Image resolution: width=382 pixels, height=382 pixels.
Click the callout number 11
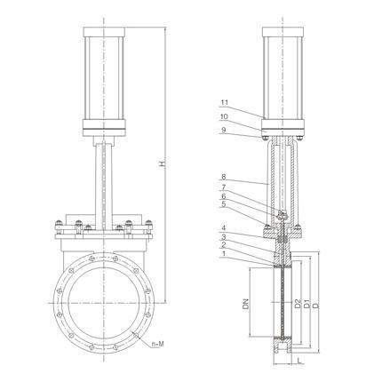pos(225,103)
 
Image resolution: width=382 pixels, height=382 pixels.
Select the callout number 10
pos(225,116)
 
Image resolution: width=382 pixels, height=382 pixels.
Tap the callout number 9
pos(223,130)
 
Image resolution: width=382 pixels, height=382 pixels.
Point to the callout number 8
pos(223,177)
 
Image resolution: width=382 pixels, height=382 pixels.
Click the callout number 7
pos(223,187)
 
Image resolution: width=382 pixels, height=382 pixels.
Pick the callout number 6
pos(223,195)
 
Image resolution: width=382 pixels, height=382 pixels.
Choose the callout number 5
pos(223,204)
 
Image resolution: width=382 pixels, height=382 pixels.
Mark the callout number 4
pos(223,228)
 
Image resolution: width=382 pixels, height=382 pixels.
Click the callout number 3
pos(223,236)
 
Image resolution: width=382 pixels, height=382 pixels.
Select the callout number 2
pos(223,244)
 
